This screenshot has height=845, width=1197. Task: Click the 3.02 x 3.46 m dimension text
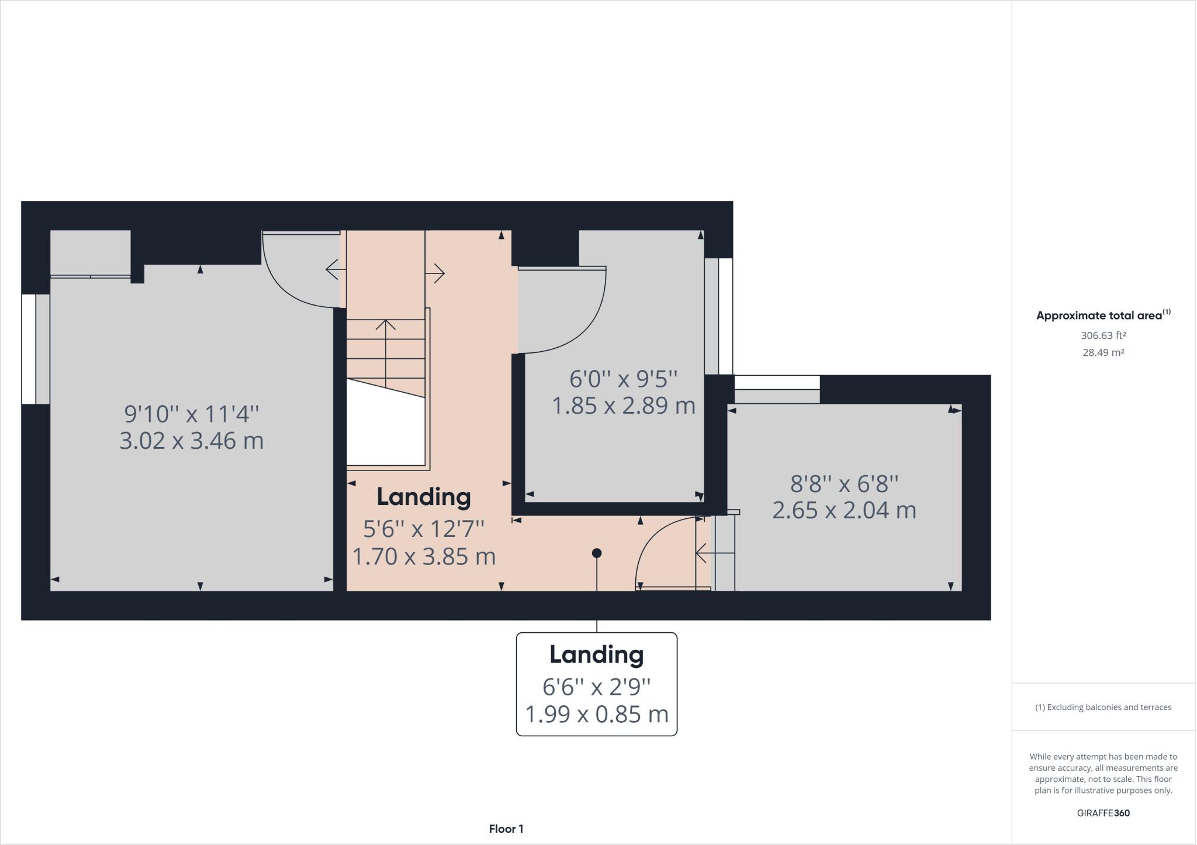(x=191, y=441)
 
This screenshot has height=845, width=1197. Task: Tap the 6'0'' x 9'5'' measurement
(x=623, y=379)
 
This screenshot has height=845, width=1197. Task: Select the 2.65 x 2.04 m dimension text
(x=843, y=510)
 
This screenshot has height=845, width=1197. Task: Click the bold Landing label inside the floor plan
(x=423, y=497)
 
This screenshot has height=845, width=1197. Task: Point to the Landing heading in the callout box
(x=596, y=654)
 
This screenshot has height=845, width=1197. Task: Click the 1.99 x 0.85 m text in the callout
(x=596, y=714)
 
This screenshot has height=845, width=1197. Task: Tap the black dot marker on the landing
(x=596, y=553)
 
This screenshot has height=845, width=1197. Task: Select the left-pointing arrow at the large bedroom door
(x=335, y=269)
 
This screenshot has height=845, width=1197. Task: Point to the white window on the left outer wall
(x=29, y=349)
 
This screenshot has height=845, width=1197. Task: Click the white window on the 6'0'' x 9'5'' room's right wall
(x=725, y=316)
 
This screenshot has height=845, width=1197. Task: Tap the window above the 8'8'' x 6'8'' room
(x=777, y=382)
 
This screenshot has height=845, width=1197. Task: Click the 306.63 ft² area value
(x=1103, y=335)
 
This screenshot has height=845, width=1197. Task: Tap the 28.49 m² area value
(x=1103, y=352)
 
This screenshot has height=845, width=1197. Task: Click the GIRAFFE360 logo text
(x=1103, y=813)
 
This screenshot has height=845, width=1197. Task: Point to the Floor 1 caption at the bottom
(x=506, y=829)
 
